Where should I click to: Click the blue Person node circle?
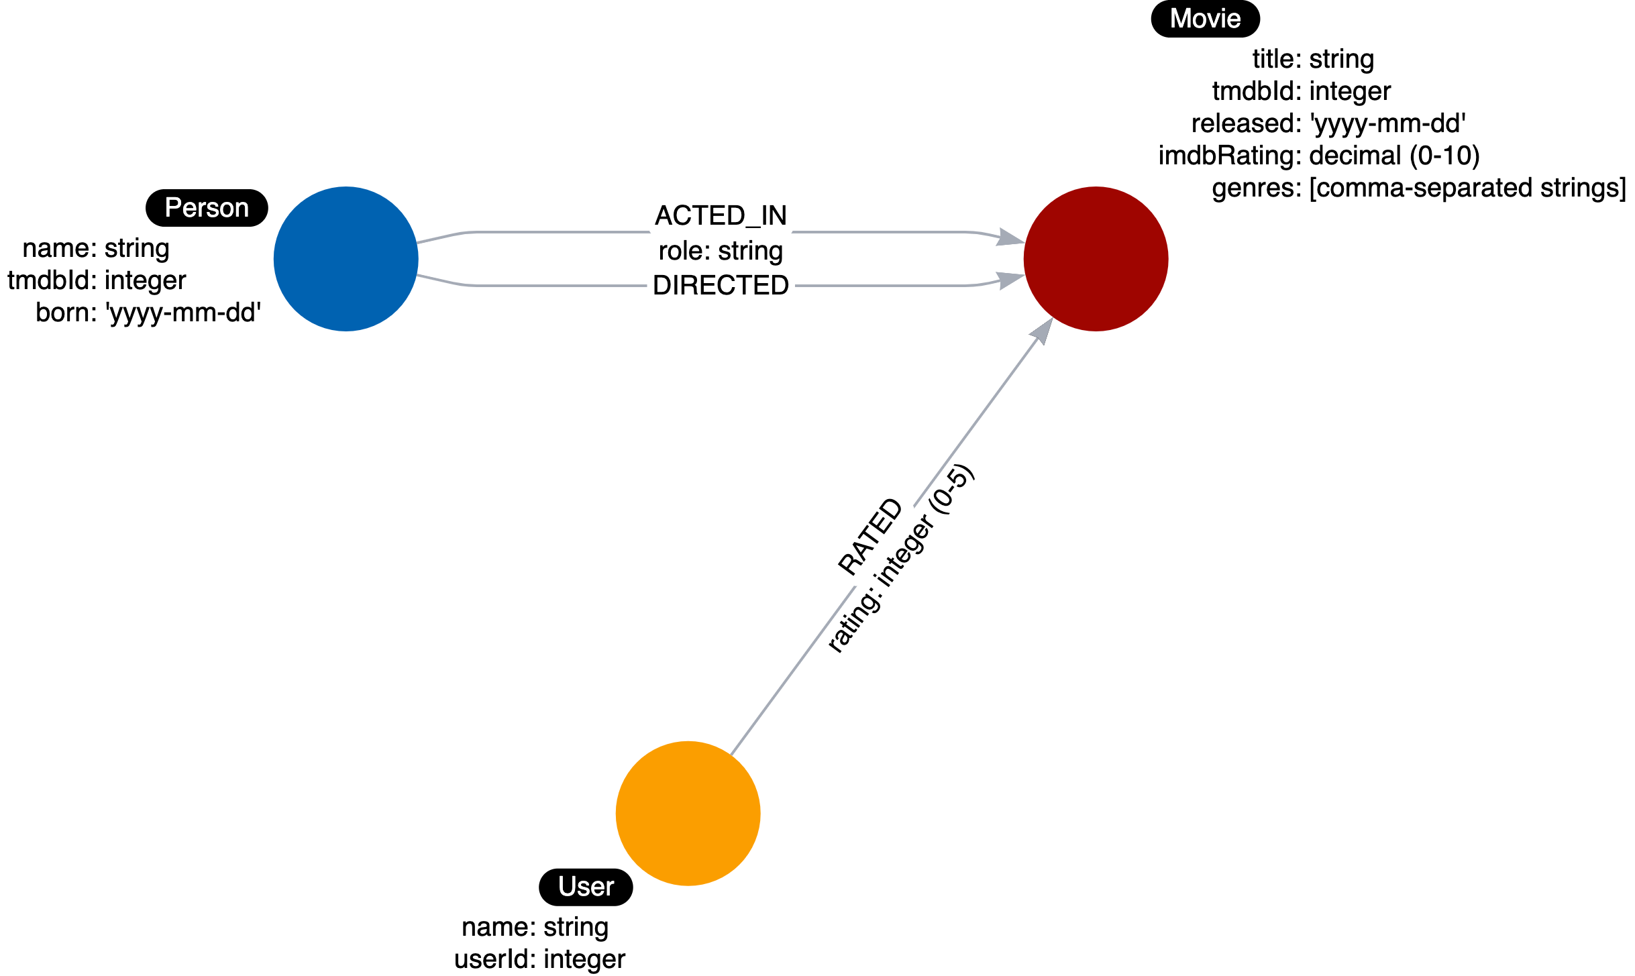[x=346, y=259]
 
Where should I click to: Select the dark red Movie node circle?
[x=1096, y=259]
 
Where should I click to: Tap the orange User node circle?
[x=688, y=813]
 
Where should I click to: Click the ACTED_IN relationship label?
[x=721, y=215]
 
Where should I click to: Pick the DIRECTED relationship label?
[x=721, y=286]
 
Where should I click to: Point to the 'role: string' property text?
[x=721, y=251]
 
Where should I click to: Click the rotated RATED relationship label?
[x=870, y=535]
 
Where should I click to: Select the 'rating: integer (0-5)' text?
[x=900, y=559]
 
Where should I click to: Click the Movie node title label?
[x=1205, y=19]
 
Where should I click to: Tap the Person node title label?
[x=207, y=208]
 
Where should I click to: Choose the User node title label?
[x=586, y=887]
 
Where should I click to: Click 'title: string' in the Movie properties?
[x=1313, y=59]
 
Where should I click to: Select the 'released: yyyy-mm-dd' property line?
[x=1328, y=123]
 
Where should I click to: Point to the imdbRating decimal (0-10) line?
[x=1319, y=156]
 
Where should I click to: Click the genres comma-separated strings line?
[x=1418, y=188]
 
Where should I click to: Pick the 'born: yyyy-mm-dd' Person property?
[x=148, y=313]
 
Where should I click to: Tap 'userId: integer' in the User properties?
[x=539, y=959]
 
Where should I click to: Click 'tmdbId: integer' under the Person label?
[x=97, y=280]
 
